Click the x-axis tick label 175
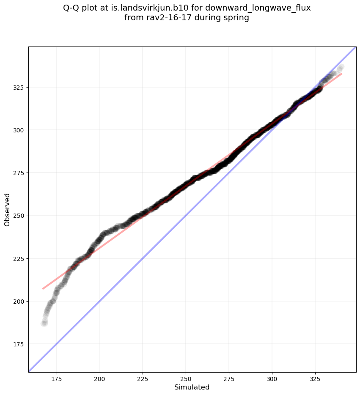pos(57,379)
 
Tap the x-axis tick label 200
pos(100,379)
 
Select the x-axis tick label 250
pos(186,379)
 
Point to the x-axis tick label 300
pos(272,379)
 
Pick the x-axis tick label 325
pos(315,379)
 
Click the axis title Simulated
pos(192,387)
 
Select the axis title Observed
pos(7,209)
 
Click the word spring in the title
pos(237,18)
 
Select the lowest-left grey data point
pos(44,324)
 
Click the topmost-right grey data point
pos(341,67)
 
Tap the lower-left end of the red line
pos(43,289)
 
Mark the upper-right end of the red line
pos(341,74)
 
